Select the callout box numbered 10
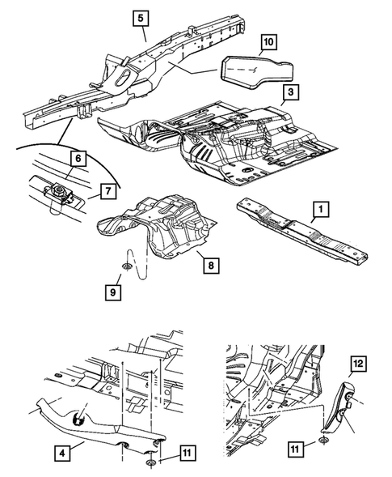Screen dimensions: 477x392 [x=269, y=42]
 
